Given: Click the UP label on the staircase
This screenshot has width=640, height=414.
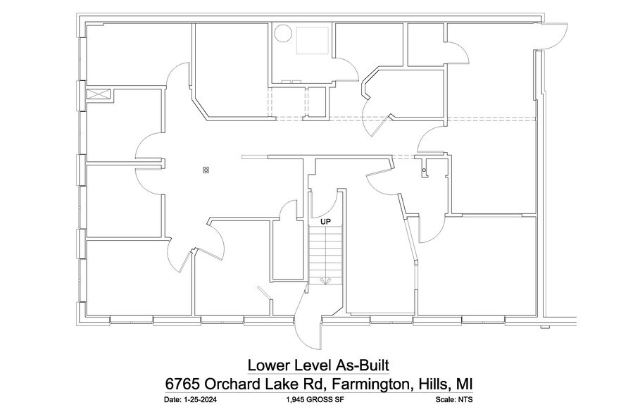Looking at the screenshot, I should pyautogui.click(x=325, y=221).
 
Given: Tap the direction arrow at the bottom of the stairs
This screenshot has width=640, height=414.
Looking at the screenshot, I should pyautogui.click(x=325, y=280).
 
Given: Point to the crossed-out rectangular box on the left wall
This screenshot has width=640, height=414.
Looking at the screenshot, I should pyautogui.click(x=97, y=94).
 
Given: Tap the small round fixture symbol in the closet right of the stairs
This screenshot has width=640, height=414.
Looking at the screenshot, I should pyautogui.click(x=424, y=170).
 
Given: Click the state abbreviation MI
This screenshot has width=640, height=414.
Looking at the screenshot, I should pyautogui.click(x=463, y=384).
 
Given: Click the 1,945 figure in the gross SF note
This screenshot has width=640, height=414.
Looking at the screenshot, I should pyautogui.click(x=298, y=400).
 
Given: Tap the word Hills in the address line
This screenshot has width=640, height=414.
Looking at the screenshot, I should pyautogui.click(x=431, y=384).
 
